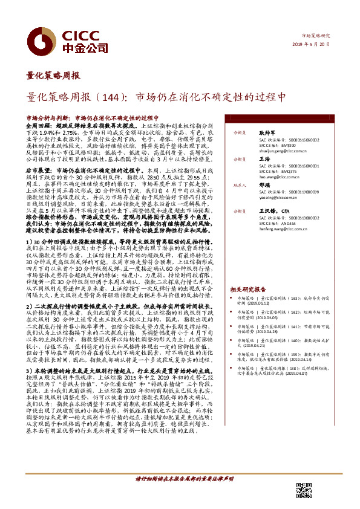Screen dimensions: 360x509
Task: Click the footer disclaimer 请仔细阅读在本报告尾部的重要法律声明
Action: [184, 494]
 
